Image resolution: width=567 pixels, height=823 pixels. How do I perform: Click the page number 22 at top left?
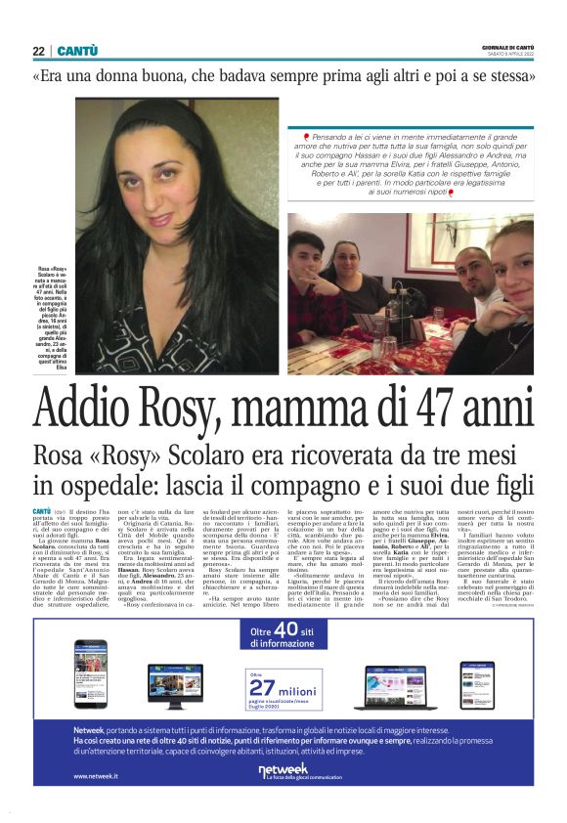point(38,50)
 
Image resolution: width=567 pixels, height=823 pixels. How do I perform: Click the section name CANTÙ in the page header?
point(76,50)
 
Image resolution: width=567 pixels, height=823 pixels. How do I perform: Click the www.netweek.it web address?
point(96,776)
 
